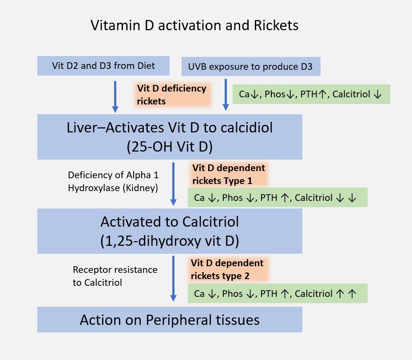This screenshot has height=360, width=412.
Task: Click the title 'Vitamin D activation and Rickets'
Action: pyautogui.click(x=194, y=25)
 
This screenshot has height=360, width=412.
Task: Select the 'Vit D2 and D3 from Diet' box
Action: pyautogui.click(x=103, y=66)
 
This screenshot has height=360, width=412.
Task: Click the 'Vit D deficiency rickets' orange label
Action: pyautogui.click(x=171, y=95)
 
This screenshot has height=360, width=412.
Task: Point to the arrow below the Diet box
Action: pyautogui.click(x=115, y=96)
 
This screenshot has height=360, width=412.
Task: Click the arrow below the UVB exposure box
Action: pyautogui.click(x=226, y=95)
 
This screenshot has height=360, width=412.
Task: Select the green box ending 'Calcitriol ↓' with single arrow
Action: pyautogui.click(x=311, y=94)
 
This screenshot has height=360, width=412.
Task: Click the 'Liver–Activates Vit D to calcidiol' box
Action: pyautogui.click(x=170, y=128)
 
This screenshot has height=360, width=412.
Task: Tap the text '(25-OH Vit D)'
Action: pyautogui.click(x=170, y=146)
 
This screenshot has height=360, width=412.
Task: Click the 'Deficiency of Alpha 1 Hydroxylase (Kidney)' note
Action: pyautogui.click(x=113, y=181)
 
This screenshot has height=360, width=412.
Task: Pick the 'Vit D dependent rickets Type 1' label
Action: pyautogui.click(x=228, y=174)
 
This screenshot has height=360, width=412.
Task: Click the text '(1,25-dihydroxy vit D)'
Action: pyautogui.click(x=170, y=241)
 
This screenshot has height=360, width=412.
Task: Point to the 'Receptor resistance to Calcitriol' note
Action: pyautogui.click(x=115, y=276)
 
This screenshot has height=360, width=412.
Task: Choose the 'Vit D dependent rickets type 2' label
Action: pyautogui.click(x=227, y=269)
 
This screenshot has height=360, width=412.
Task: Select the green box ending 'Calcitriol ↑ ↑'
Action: pyautogui.click(x=277, y=293)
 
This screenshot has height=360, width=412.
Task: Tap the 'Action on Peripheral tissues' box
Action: pyautogui.click(x=170, y=320)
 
